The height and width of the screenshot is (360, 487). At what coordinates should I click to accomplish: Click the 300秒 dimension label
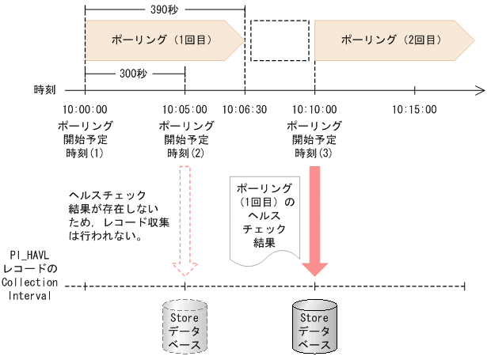133,72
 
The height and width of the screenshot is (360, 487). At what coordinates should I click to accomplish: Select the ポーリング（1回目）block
158,39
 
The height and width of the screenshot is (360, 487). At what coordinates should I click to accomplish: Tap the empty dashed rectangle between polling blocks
279,39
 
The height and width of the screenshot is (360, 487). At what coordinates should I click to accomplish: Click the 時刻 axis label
45,90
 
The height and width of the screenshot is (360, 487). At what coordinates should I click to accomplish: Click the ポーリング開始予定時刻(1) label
85,139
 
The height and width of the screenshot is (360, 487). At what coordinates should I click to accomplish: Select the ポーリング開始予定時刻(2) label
185,139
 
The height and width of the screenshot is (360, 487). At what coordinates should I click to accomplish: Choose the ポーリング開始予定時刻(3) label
314,139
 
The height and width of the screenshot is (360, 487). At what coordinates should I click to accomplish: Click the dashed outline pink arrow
185,218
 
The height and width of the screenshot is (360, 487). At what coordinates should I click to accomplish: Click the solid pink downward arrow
314,222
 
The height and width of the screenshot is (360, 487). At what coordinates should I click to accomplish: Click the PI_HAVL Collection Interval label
30,275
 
